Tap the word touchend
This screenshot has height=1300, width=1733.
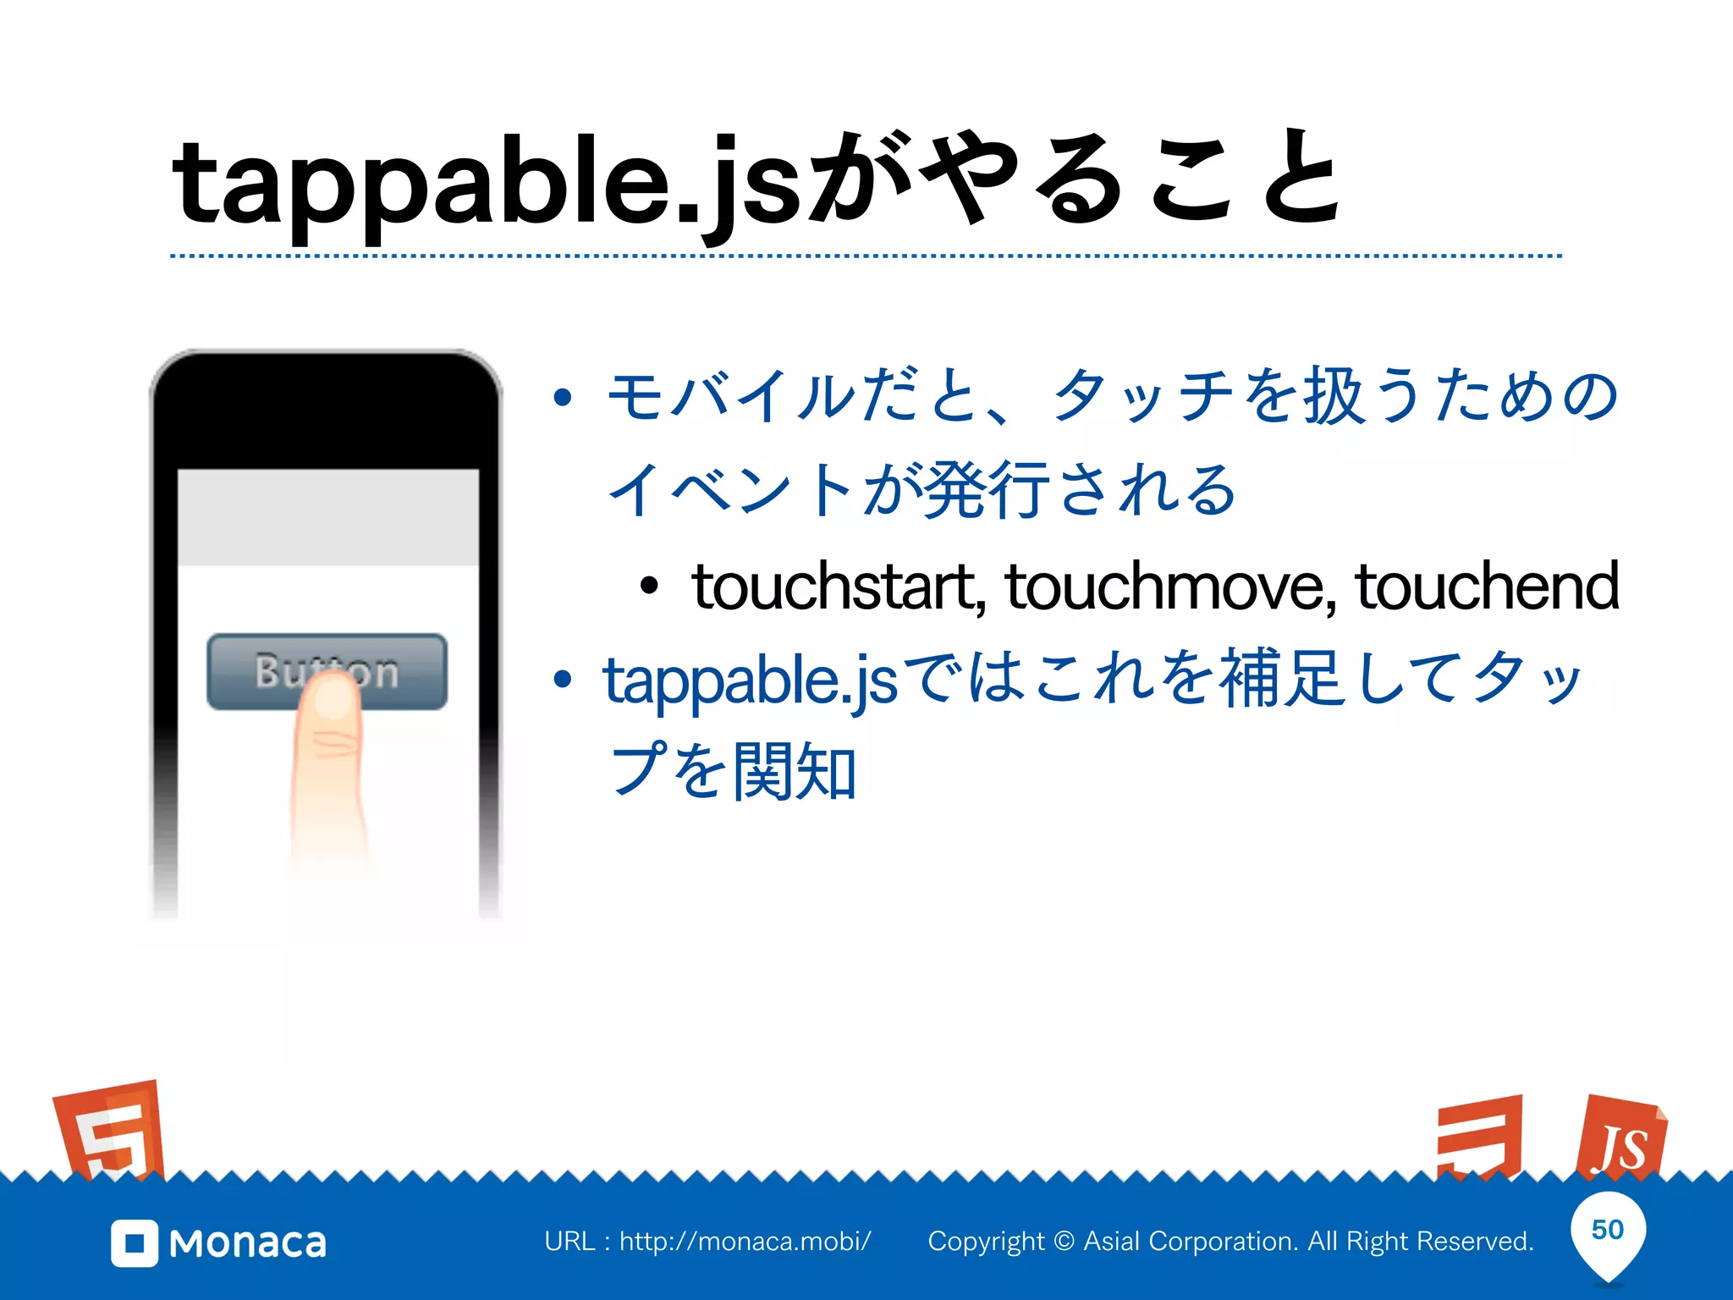[1488, 587]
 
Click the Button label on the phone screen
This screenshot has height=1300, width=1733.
[327, 671]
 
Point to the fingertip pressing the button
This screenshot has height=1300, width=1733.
[332, 699]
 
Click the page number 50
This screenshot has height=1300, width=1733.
[1607, 1230]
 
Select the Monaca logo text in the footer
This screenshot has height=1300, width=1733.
[248, 1243]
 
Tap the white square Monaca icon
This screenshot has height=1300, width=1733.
[135, 1243]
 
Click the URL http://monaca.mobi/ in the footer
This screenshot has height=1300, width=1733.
[745, 1242]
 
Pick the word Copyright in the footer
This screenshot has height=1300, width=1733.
[986, 1242]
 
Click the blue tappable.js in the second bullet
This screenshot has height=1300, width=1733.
[750, 680]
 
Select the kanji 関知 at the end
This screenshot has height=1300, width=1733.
[795, 771]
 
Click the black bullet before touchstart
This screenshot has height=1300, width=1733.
[649, 586]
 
